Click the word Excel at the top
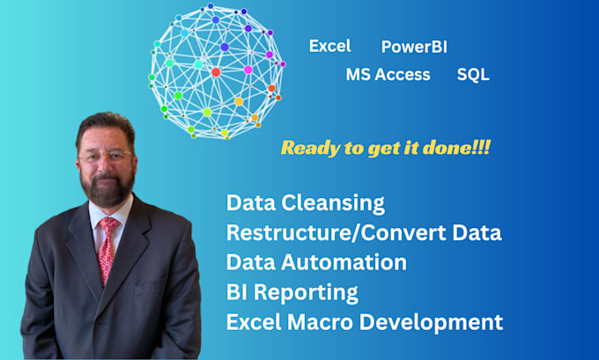[x=329, y=46]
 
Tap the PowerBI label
[x=415, y=47]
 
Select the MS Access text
[x=388, y=75]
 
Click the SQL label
[x=473, y=75]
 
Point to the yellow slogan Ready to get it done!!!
[x=385, y=148]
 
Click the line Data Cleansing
[x=306, y=202]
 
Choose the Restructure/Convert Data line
[x=364, y=232]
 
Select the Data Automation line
[x=316, y=262]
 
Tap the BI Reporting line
[x=292, y=291]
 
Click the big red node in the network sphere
[x=216, y=72]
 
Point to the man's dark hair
[x=105, y=124]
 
